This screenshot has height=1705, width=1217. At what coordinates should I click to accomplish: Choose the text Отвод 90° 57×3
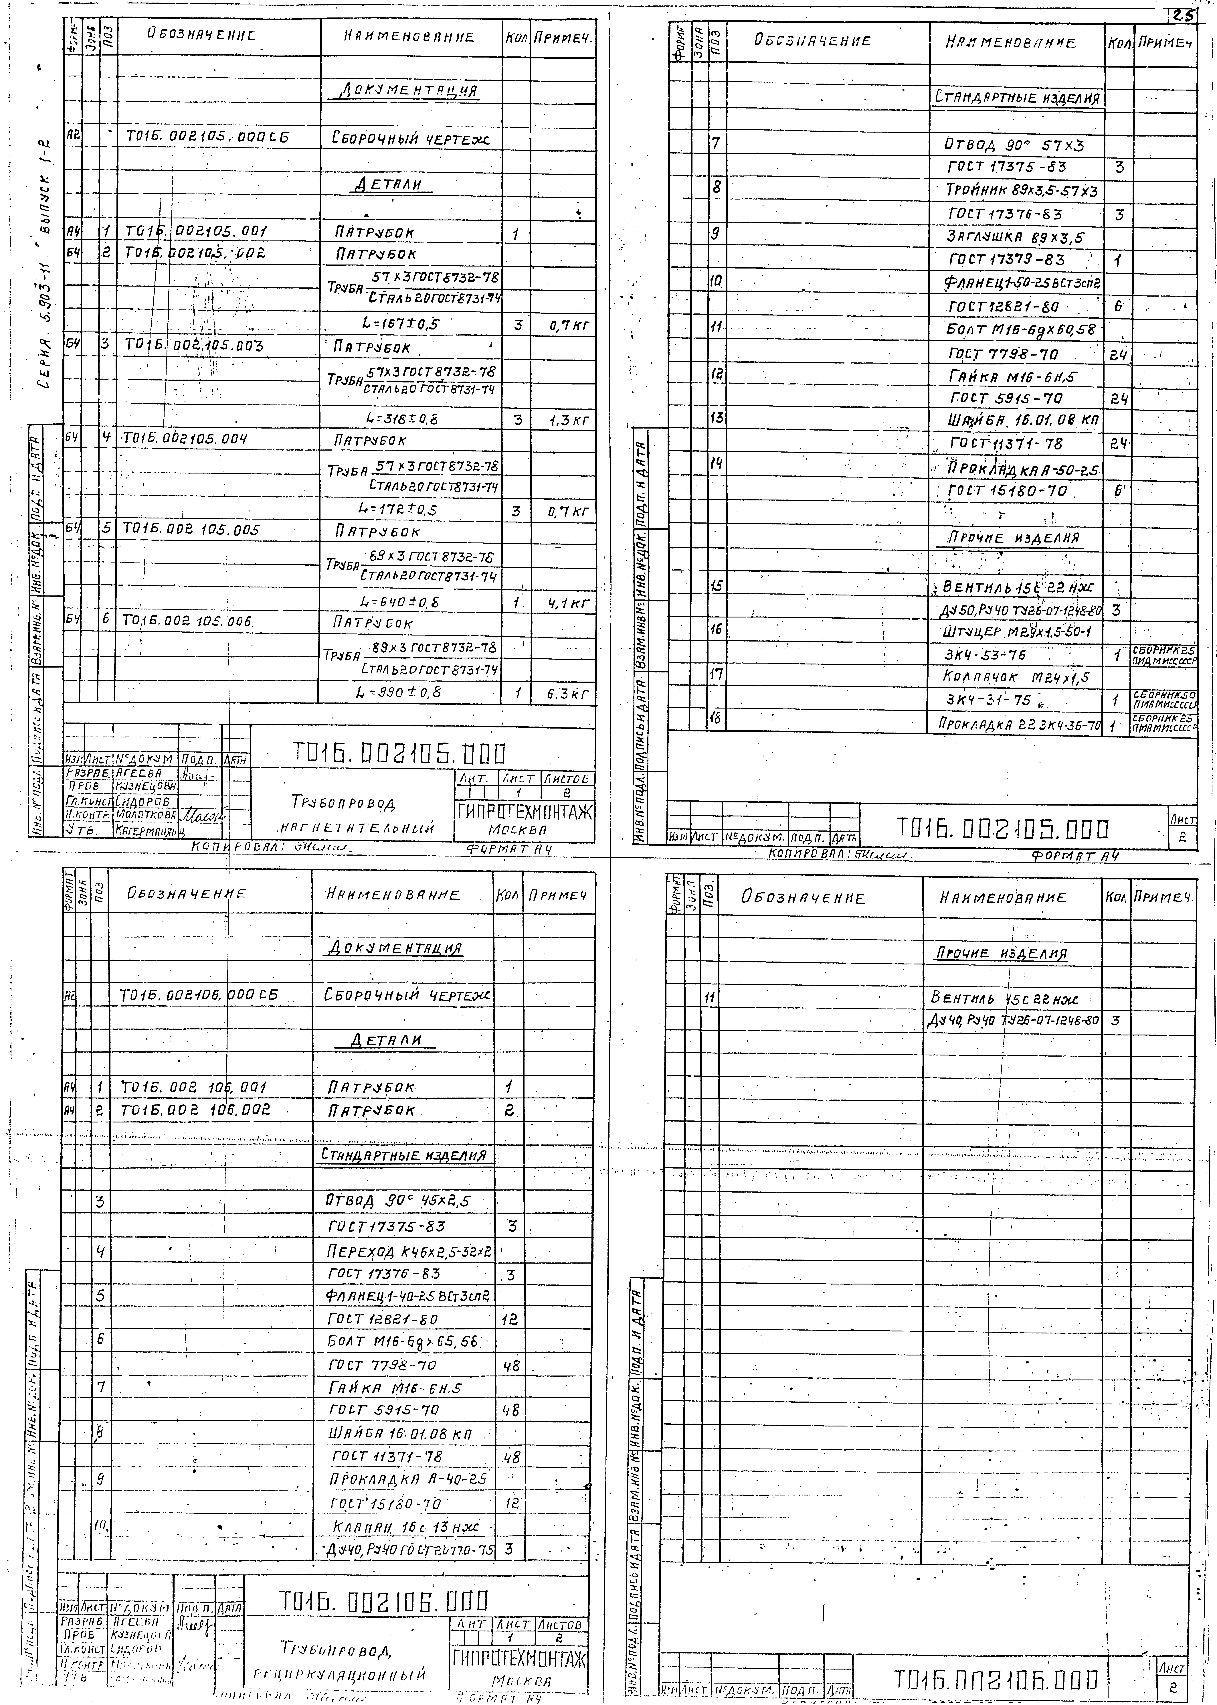pyautogui.click(x=1015, y=145)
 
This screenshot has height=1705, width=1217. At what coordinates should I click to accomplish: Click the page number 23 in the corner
pyautogui.click(x=1183, y=14)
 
